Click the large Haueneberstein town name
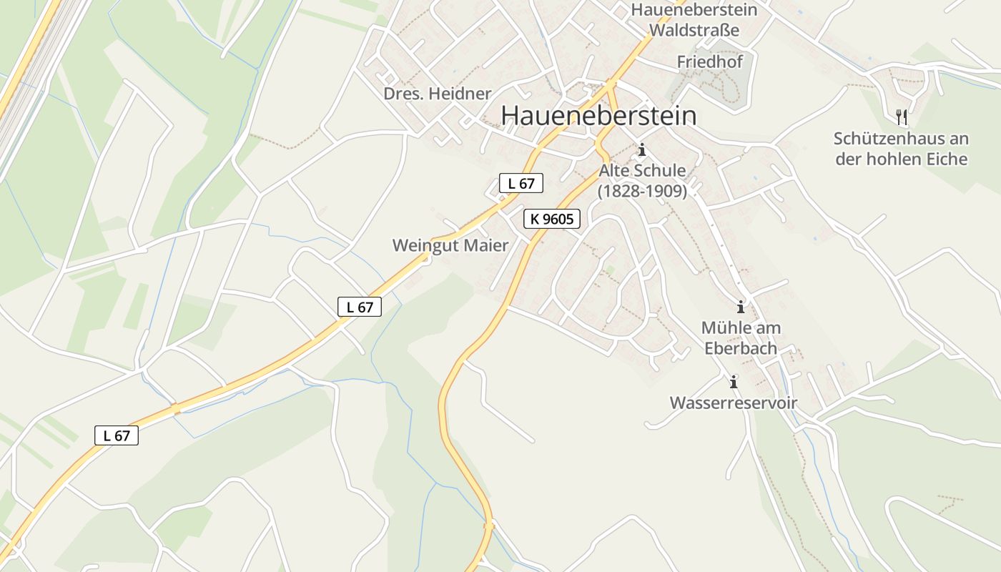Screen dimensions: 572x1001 (x=598, y=116)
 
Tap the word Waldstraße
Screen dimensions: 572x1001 (x=694, y=31)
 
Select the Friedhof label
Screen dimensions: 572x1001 (x=710, y=62)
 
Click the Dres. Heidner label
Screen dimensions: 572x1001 (x=438, y=94)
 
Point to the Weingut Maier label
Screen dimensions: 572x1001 (x=450, y=246)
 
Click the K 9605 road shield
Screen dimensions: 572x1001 (x=552, y=219)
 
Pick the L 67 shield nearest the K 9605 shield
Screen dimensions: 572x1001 (x=521, y=183)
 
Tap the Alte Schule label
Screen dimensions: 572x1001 (x=642, y=171)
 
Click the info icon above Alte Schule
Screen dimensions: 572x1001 (x=642, y=149)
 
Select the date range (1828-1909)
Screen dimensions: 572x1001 (x=642, y=191)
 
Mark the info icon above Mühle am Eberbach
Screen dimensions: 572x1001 (x=741, y=307)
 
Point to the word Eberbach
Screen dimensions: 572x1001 (x=741, y=349)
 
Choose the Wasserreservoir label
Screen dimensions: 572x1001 (x=733, y=403)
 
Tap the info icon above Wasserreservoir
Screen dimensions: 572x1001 (x=733, y=382)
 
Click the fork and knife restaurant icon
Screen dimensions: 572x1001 (x=901, y=117)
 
